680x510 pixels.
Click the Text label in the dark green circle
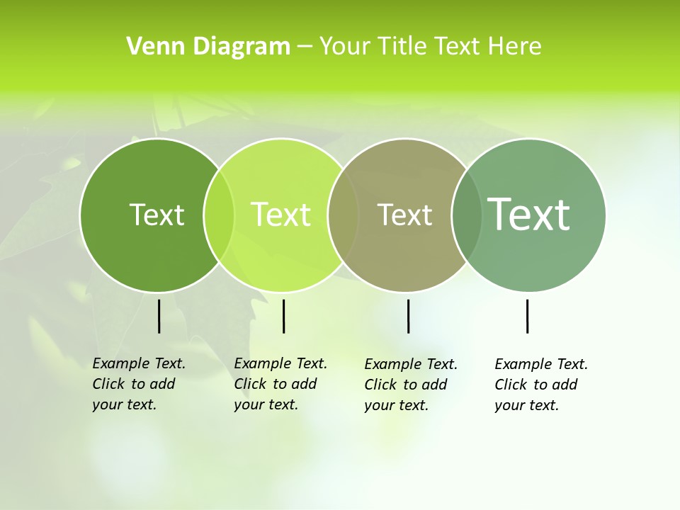click(x=157, y=215)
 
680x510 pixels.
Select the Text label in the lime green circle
click(x=281, y=215)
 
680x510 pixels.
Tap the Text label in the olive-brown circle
click(x=404, y=215)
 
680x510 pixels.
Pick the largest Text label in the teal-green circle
click(x=529, y=214)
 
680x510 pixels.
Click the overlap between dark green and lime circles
click(x=219, y=215)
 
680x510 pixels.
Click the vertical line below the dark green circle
click(x=159, y=316)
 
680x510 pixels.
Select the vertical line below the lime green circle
click(x=283, y=316)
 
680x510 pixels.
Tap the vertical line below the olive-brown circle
click(x=408, y=316)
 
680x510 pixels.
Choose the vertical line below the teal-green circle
click(x=527, y=316)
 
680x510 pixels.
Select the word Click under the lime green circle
click(x=249, y=384)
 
